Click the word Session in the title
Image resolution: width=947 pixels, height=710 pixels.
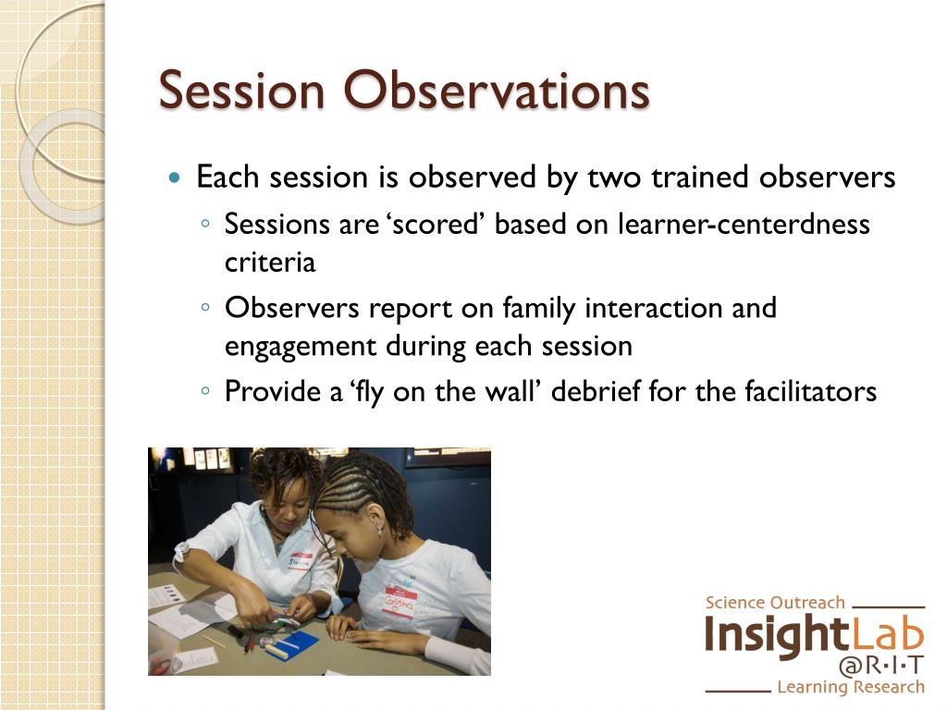click(241, 91)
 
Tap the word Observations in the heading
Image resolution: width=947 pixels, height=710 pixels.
click(497, 91)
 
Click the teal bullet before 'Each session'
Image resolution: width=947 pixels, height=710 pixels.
click(175, 177)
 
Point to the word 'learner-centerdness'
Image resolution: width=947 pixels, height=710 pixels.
click(744, 224)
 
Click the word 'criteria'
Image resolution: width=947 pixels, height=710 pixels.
click(270, 262)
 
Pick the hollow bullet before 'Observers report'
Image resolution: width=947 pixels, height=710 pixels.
click(205, 307)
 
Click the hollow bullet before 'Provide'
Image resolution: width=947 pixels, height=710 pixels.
click(205, 391)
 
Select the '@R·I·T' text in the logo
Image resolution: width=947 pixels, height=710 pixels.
click(881, 666)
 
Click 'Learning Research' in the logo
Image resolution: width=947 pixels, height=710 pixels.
click(851, 687)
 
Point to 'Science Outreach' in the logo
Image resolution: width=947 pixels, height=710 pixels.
click(775, 603)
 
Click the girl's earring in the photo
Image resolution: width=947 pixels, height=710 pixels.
click(380, 530)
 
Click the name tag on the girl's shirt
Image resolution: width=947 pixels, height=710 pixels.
click(400, 601)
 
